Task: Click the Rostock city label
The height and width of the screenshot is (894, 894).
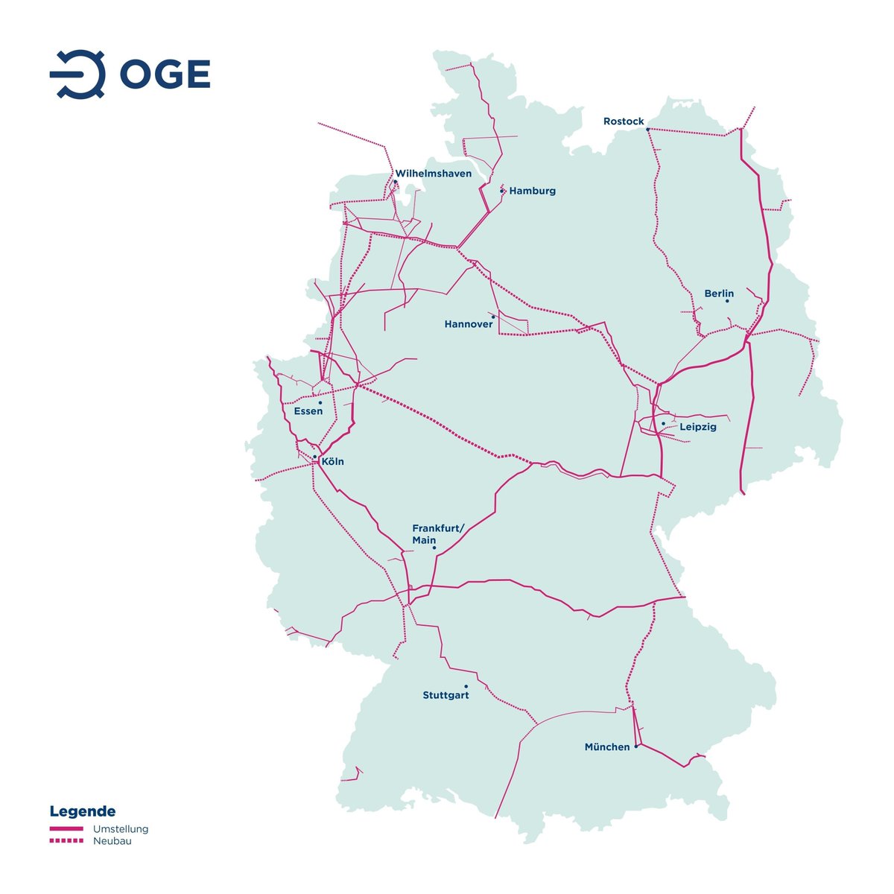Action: coord(624,121)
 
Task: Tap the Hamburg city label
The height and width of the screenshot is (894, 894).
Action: coord(532,191)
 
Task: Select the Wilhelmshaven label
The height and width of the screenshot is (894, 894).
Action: coord(433,174)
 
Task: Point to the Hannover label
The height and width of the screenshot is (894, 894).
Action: coord(468,324)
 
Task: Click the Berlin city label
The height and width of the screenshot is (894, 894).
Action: coord(719,294)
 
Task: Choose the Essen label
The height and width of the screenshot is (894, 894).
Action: coord(308,411)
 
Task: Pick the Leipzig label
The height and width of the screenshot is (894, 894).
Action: coord(697,427)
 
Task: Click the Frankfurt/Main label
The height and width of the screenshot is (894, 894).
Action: coord(438,534)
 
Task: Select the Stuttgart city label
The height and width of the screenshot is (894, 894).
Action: coord(446,696)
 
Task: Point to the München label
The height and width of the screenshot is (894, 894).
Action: coord(606,746)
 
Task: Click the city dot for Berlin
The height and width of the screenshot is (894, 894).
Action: coord(727,301)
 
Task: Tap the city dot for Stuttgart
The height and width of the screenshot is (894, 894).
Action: coord(466,686)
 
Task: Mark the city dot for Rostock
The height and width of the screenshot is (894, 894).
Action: coord(647,130)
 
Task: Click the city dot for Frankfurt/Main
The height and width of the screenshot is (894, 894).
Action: coord(434,549)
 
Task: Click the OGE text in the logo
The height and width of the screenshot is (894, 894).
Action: coord(165,74)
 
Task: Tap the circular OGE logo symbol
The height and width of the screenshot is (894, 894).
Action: coord(78,74)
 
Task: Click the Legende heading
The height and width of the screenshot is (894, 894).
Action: coord(83,811)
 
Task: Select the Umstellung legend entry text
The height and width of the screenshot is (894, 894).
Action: coord(121,829)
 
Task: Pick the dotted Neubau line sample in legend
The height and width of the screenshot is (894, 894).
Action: coord(66,841)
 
